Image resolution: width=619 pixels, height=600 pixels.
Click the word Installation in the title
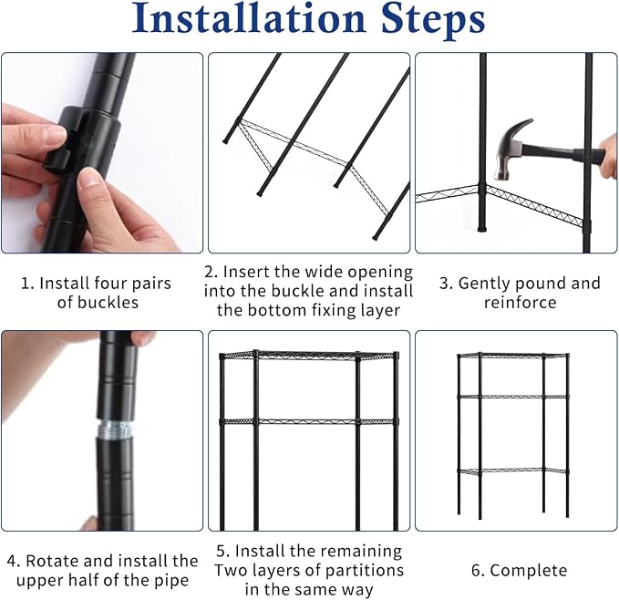pyautogui.click(x=250, y=18)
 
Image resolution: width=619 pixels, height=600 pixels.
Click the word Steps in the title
pyautogui.click(x=433, y=21)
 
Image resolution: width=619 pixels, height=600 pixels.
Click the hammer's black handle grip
pyautogui.click(x=589, y=157)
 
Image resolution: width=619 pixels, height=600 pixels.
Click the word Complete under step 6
pyautogui.click(x=529, y=571)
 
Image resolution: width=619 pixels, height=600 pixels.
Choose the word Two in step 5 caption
pyautogui.click(x=230, y=571)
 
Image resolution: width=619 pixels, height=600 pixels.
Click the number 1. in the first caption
pyautogui.click(x=28, y=284)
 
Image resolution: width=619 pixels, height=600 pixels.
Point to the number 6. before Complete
pyautogui.click(x=478, y=571)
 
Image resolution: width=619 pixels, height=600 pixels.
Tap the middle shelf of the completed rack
pyautogui.click(x=512, y=397)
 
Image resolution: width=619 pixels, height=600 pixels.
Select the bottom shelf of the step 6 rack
pyautogui.click(x=512, y=471)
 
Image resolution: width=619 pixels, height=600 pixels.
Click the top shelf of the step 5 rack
pyautogui.click(x=309, y=355)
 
